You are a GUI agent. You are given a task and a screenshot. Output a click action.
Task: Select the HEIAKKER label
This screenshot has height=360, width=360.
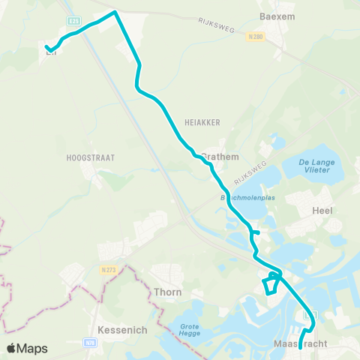[199, 120]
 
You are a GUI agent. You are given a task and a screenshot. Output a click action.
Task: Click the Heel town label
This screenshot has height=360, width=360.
[322, 211]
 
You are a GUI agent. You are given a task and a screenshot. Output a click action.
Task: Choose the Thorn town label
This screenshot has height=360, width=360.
[167, 292]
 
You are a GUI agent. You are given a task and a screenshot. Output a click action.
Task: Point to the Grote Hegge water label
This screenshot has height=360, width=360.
[193, 329]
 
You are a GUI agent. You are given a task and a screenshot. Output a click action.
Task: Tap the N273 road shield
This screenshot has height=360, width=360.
[106, 268]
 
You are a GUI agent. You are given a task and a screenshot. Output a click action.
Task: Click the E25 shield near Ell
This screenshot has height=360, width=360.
[72, 22]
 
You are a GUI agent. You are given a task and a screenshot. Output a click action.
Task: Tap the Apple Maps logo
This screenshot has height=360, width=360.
[27, 348]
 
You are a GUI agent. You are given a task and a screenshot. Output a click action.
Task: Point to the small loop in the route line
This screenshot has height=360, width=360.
[271, 286]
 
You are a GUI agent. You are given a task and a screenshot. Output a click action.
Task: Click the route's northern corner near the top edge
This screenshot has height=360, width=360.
[115, 12]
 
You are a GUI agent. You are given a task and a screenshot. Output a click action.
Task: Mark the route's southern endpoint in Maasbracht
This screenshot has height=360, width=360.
[301, 347]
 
